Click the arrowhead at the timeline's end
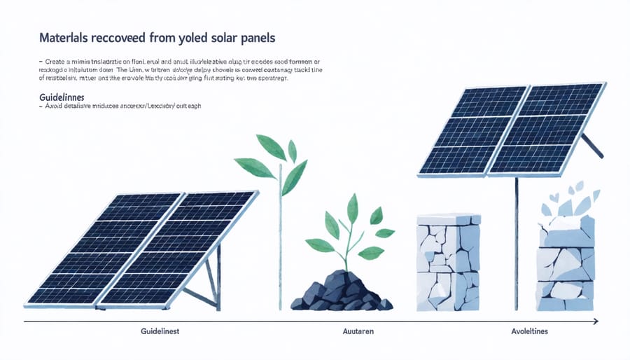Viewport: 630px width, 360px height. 595,321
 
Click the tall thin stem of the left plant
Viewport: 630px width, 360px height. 280,238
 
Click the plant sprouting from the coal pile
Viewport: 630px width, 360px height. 350,231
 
